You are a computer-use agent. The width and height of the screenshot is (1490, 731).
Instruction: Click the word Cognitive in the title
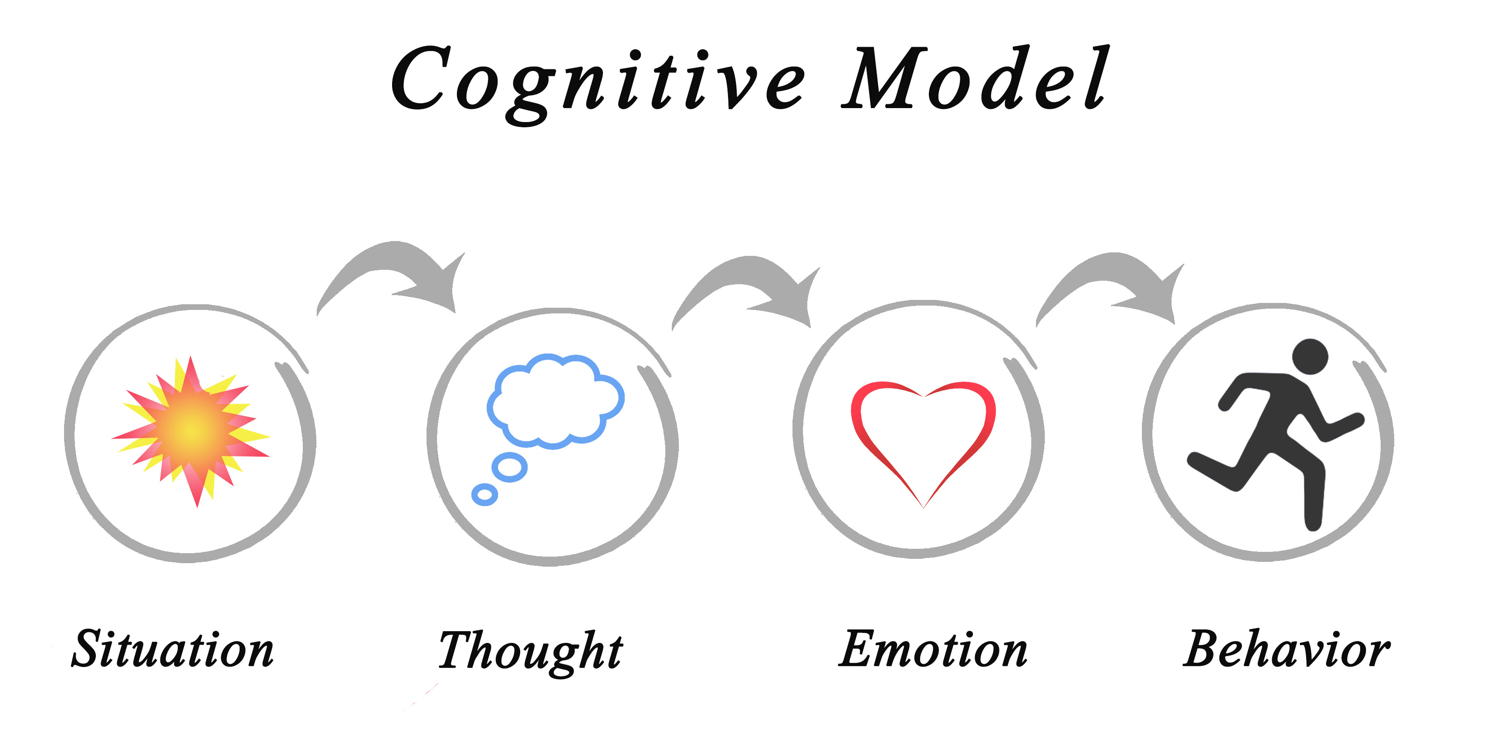pyautogui.click(x=598, y=85)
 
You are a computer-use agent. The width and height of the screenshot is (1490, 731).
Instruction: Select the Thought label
pyautogui.click(x=530, y=652)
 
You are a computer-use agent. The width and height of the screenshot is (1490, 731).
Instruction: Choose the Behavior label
pyautogui.click(x=1287, y=648)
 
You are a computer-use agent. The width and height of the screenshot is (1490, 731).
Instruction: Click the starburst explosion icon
pyautogui.click(x=191, y=431)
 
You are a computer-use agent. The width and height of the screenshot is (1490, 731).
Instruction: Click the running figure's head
pyautogui.click(x=1310, y=357)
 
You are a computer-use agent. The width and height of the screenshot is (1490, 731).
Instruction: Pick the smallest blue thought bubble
pyautogui.click(x=485, y=494)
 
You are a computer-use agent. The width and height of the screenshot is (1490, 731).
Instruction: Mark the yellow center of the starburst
pyautogui.click(x=192, y=429)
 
